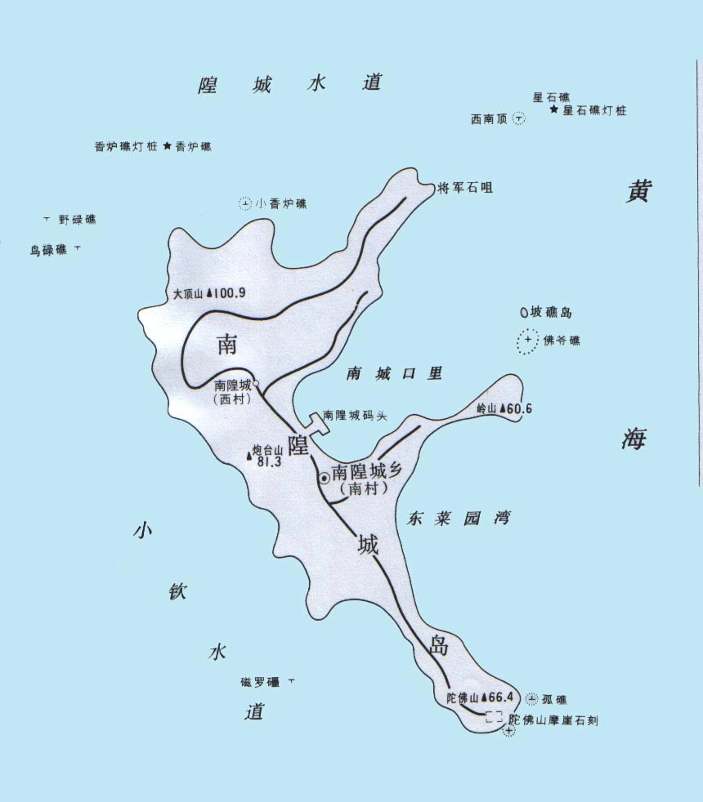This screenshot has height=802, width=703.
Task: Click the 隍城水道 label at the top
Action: click(290, 83)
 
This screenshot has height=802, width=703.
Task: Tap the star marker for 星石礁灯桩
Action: click(554, 109)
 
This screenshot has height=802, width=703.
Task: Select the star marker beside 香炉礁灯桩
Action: click(167, 146)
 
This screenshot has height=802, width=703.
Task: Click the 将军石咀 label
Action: click(465, 187)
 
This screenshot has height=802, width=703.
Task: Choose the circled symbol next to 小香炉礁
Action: click(244, 203)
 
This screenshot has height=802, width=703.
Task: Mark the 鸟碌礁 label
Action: click(48, 251)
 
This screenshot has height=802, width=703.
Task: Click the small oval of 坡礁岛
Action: click(524, 311)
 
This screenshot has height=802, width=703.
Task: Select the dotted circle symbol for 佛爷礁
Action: click(528, 340)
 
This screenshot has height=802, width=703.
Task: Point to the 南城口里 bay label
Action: click(394, 373)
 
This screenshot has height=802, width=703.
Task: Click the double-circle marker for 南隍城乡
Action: click(323, 479)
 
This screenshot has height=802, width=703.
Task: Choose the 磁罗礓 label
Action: click(259, 682)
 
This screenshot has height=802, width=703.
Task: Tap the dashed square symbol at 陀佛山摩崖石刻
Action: click(493, 717)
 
